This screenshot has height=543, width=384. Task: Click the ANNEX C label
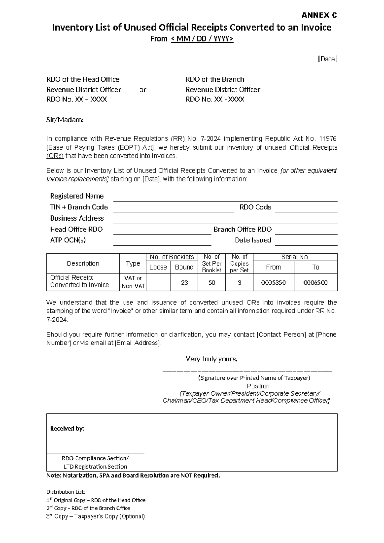coord(319,15)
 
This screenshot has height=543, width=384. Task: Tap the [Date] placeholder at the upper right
coord(327,59)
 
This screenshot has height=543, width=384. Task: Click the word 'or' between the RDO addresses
coord(143,90)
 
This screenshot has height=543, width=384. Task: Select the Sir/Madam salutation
coord(65,120)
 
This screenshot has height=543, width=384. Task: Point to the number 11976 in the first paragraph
coord(328,139)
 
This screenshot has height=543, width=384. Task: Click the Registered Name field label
coord(77,196)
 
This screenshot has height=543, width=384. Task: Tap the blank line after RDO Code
coord(306,208)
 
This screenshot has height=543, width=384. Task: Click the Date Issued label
coord(253,240)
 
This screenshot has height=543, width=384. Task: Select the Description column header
coord(83,263)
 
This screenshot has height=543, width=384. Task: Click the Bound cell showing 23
coord(184,283)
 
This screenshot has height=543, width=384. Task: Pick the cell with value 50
coord(212,283)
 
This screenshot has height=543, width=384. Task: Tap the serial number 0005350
coord(273,283)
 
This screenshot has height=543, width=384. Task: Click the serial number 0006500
coord(316,283)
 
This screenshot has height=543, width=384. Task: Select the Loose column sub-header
coord(158,267)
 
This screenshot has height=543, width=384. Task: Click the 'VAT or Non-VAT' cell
coord(133,282)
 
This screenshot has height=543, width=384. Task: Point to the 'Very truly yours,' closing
coord(212,359)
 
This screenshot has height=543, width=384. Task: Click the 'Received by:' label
coord(67,429)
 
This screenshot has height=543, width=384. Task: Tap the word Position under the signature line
coord(258,386)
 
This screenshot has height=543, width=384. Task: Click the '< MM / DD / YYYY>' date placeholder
coord(202,39)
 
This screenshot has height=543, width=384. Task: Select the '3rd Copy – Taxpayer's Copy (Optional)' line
coord(96,516)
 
